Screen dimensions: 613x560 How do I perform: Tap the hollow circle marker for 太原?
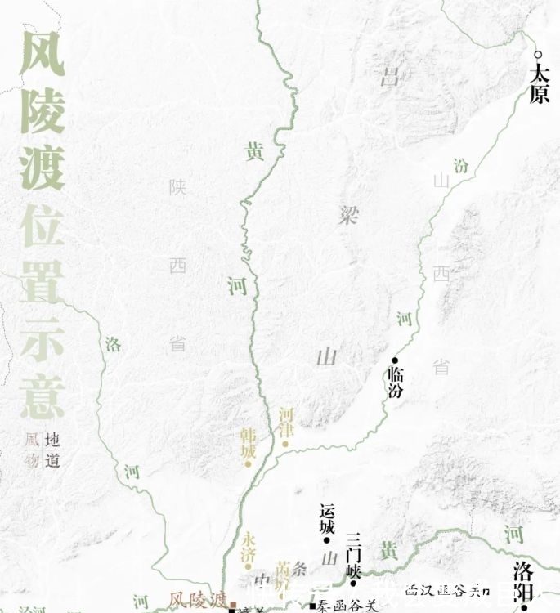tap(538, 55)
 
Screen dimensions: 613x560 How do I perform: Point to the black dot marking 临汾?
tap(394, 360)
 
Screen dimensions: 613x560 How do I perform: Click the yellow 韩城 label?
tap(249, 441)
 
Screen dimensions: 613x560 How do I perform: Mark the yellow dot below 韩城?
tap(249, 463)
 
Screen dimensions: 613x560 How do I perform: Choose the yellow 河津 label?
tap(285, 422)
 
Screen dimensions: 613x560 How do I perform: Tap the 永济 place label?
tap(249, 547)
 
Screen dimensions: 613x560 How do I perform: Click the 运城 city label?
tap(327, 517)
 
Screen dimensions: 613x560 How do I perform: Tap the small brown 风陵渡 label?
tap(197, 600)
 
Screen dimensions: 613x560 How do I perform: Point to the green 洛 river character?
tap(113, 344)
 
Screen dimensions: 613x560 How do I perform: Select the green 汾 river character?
tap(462, 166)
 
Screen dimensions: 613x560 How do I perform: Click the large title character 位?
tap(42, 228)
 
